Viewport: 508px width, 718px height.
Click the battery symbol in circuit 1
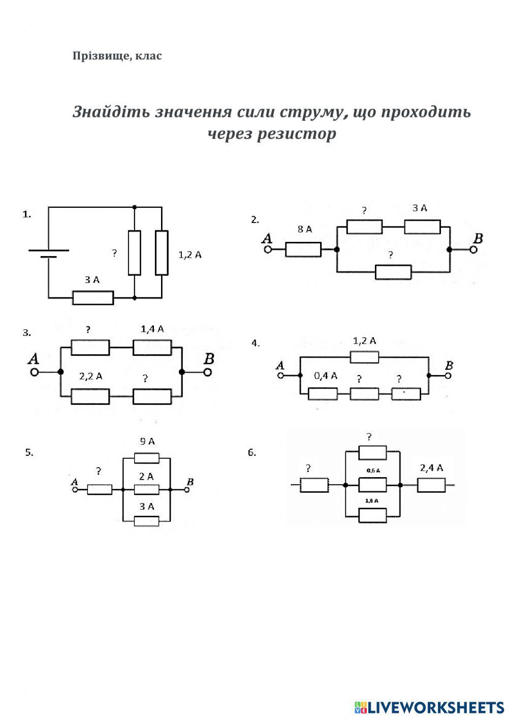(49, 253)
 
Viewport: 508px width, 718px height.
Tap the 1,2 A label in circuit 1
(190, 255)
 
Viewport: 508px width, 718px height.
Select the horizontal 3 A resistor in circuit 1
(93, 298)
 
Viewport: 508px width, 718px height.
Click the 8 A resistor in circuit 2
(303, 249)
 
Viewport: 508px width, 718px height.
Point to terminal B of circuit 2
(473, 249)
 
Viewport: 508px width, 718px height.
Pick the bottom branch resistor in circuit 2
(393, 272)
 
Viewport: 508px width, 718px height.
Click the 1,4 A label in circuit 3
(152, 329)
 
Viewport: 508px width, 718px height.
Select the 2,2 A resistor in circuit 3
(90, 396)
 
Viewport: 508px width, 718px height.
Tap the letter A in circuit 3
(34, 359)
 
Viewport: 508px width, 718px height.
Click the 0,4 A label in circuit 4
(326, 376)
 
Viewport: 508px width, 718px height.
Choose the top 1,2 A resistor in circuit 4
(364, 357)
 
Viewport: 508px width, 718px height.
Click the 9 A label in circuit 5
(147, 442)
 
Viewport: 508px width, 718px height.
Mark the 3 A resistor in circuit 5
(146, 521)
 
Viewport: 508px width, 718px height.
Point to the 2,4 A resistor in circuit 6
(431, 485)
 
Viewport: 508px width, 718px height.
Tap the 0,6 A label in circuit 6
(373, 471)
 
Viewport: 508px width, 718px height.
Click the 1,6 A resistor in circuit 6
(372, 515)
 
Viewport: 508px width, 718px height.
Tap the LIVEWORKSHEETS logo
(429, 707)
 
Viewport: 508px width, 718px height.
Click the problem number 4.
(255, 344)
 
